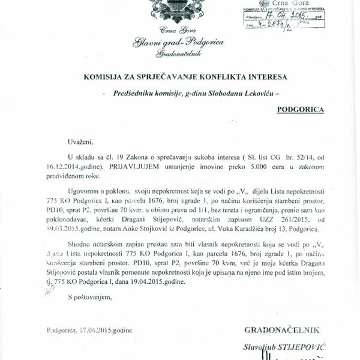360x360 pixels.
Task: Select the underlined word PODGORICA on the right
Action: point(301,110)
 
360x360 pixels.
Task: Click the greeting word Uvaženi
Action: point(81,142)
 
